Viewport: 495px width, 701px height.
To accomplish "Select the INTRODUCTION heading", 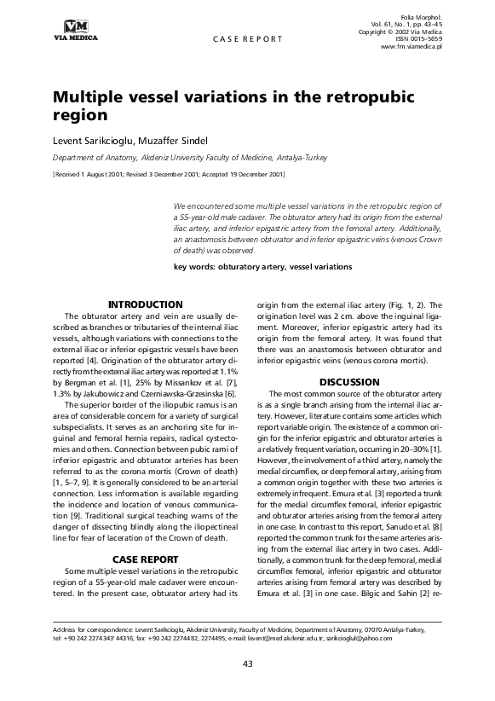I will coord(145,304).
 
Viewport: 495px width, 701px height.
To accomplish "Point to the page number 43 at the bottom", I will coord(247,663).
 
